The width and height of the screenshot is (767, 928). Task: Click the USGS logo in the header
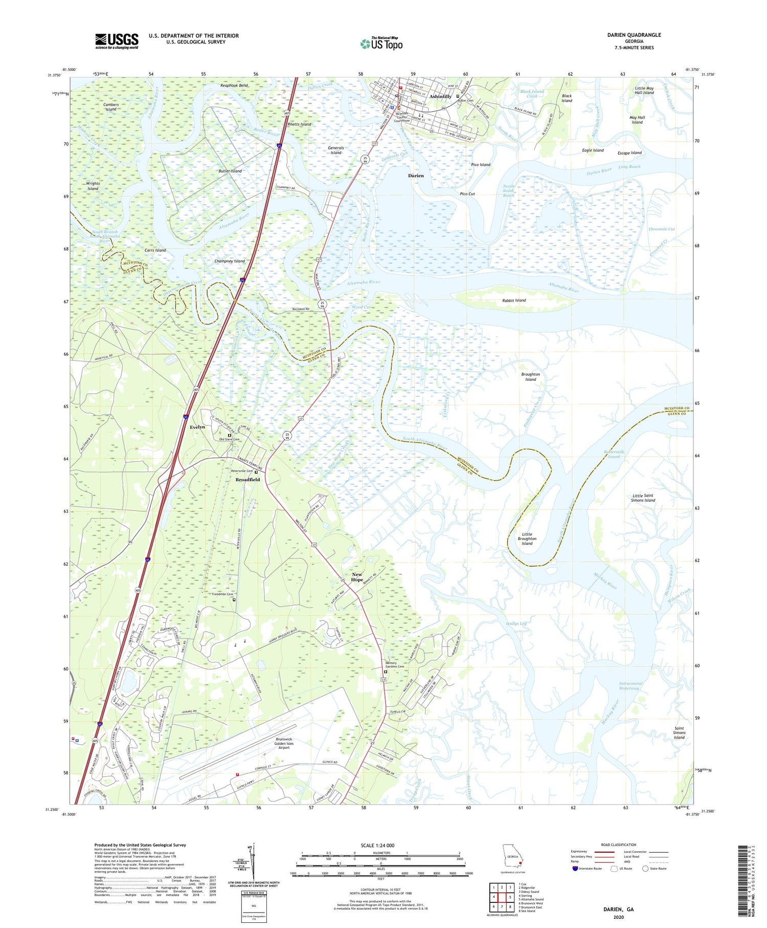click(x=117, y=41)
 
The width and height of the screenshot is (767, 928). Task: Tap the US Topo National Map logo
click(x=381, y=44)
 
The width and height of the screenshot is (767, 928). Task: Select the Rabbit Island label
click(x=513, y=300)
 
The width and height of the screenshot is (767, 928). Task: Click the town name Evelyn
click(x=197, y=427)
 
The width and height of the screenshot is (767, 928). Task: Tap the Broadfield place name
click(x=247, y=480)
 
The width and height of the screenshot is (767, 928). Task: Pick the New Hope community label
click(x=357, y=577)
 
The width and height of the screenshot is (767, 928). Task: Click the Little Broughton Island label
click(x=527, y=538)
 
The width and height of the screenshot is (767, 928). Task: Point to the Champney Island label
click(x=230, y=261)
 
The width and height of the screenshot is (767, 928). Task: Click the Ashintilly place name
click(x=440, y=96)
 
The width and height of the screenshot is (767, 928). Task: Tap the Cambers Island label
click(x=111, y=107)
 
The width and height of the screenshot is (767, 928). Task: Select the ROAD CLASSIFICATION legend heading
click(x=619, y=845)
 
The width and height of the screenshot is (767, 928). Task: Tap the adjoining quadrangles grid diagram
click(x=501, y=896)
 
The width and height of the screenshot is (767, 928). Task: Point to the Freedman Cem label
click(x=222, y=594)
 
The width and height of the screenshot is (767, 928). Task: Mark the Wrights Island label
click(x=93, y=186)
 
